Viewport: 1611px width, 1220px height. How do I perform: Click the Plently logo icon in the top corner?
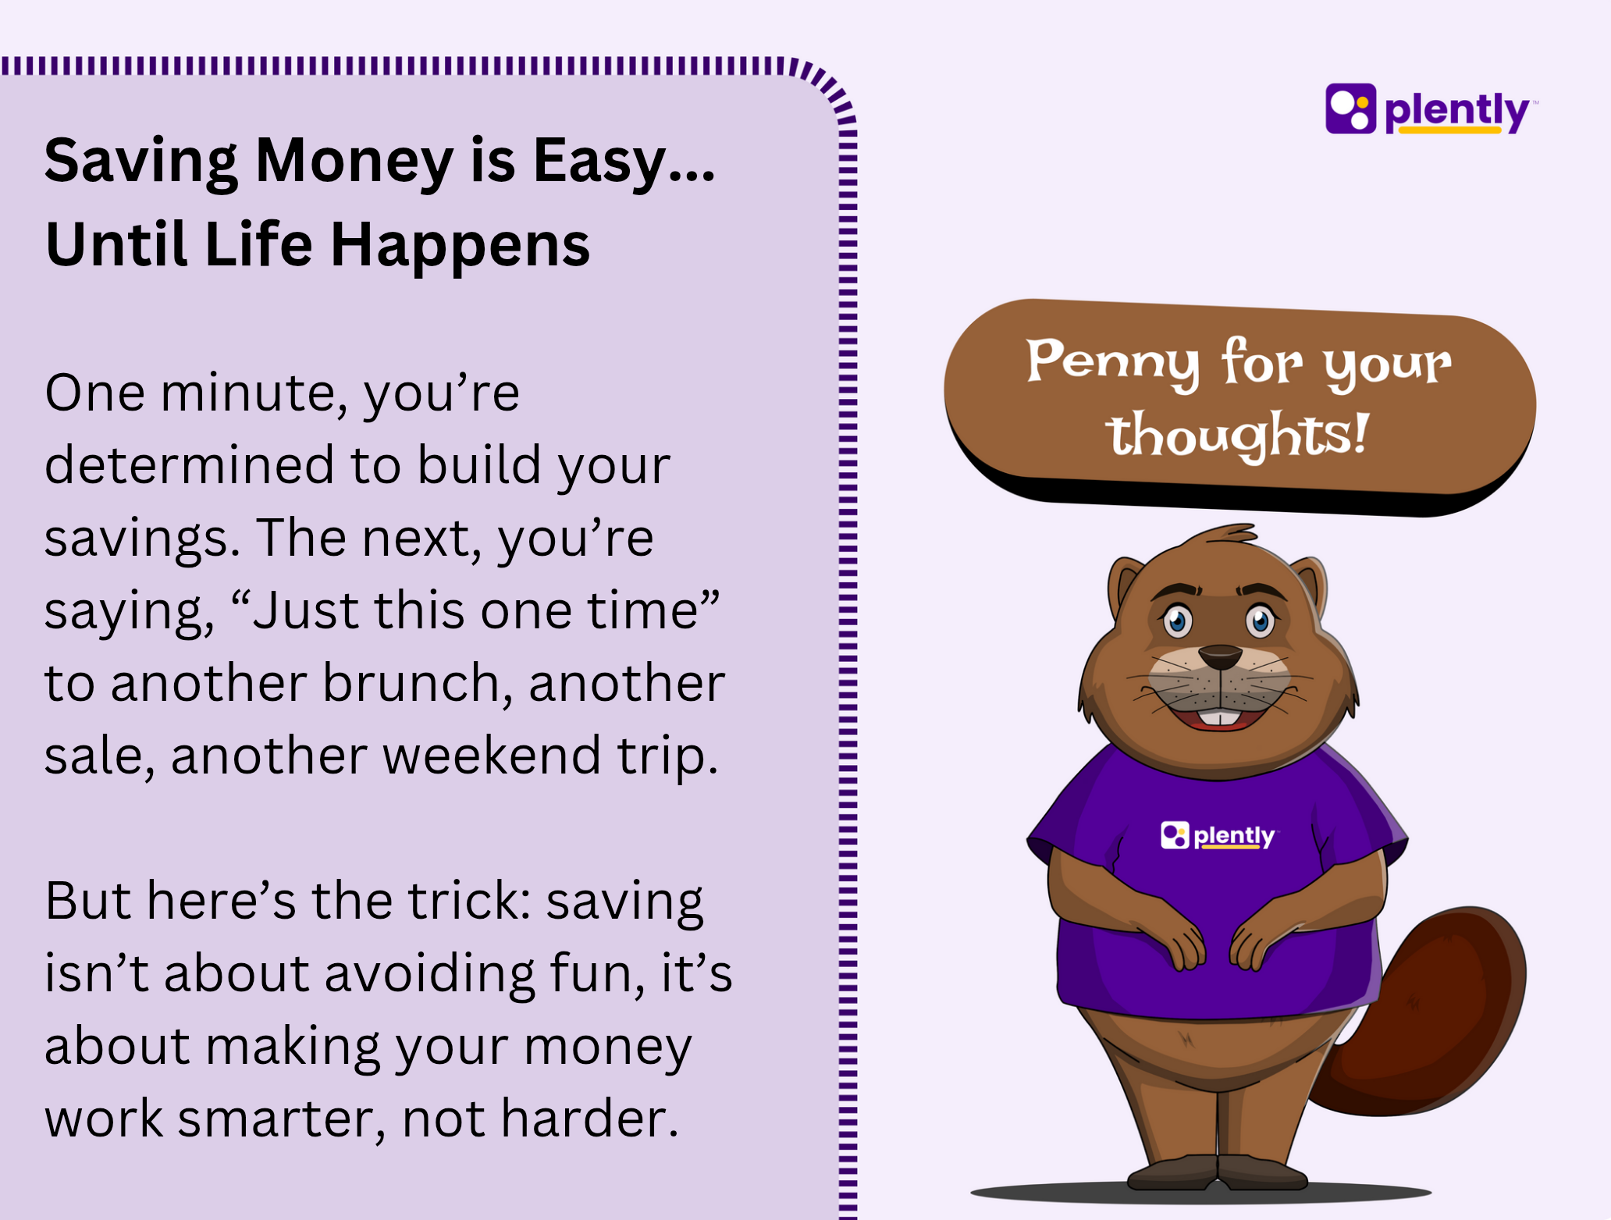1350,108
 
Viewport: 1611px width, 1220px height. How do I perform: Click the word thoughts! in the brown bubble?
1239,435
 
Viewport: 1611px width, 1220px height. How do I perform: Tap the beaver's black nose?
1219,656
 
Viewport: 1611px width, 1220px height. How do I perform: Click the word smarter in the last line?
281,1119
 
